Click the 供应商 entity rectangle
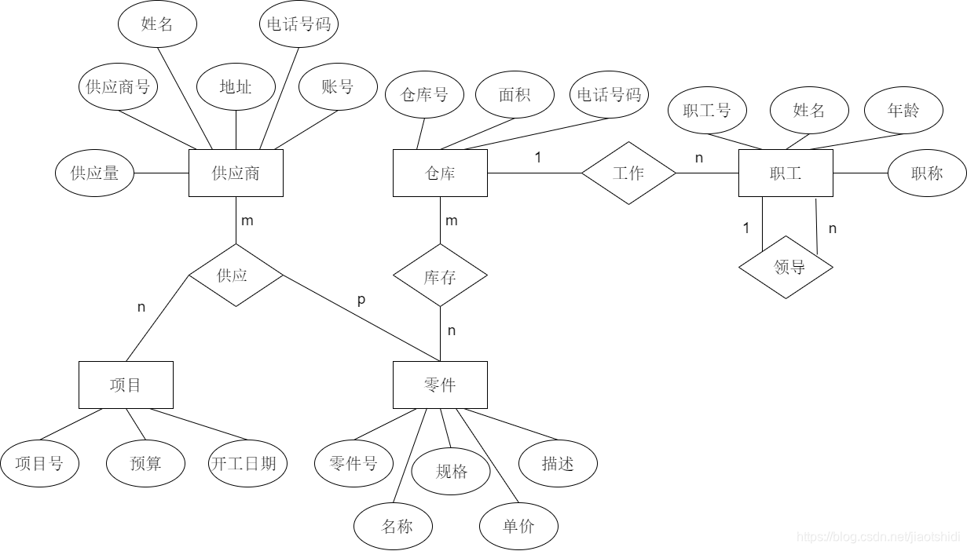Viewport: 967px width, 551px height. pos(236,173)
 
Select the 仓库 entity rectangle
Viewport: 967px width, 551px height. pos(440,173)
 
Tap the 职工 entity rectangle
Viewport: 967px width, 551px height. pos(786,173)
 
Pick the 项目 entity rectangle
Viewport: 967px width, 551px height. pos(126,385)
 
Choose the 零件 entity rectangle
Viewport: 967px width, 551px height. pos(440,385)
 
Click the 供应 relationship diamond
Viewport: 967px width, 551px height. pos(236,275)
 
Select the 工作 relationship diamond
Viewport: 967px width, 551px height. pos(628,173)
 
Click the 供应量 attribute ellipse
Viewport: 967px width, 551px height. pos(94,173)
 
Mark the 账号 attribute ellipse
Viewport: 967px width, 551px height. pos(338,86)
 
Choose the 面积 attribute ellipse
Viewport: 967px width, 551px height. pos(515,94)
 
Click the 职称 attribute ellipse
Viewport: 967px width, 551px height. pos(927,173)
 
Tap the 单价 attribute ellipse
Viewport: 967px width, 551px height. pos(518,526)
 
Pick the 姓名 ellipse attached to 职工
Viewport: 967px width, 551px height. pos(809,110)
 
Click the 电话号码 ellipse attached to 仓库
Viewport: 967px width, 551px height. pos(609,94)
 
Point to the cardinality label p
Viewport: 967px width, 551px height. pos(361,299)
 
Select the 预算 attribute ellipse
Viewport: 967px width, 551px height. pos(145,463)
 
